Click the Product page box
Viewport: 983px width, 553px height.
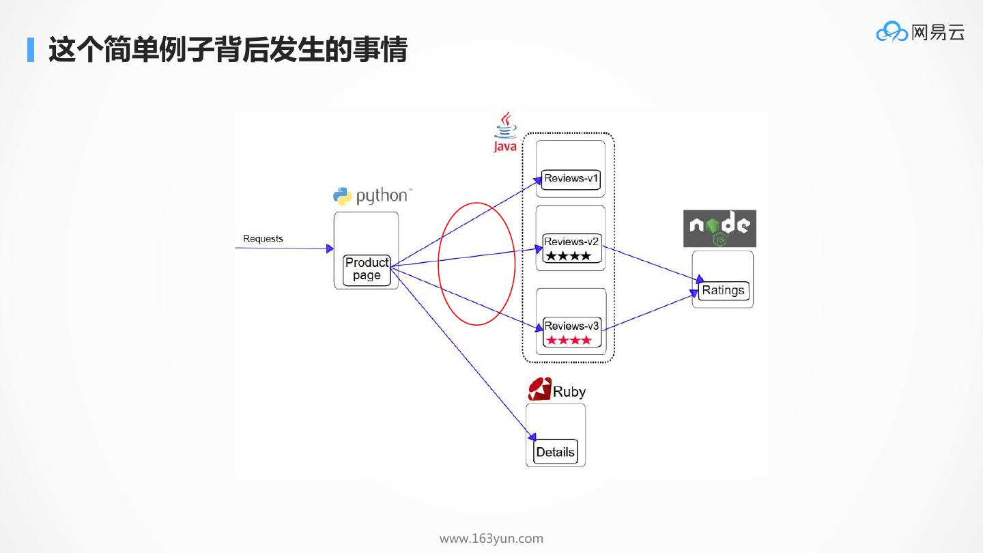[x=367, y=270]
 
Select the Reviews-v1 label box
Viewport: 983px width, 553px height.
[x=571, y=179]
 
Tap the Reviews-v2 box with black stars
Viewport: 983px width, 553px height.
[x=571, y=249]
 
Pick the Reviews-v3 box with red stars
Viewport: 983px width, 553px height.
[x=571, y=332]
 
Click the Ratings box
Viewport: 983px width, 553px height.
[x=723, y=290]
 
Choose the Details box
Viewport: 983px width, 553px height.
[x=555, y=452]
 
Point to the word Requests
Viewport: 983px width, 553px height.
[x=263, y=238]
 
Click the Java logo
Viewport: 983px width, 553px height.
[x=505, y=132]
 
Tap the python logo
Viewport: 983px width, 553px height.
[x=372, y=196]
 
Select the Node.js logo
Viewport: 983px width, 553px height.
[x=720, y=228]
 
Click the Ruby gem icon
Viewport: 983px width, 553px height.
[x=539, y=389]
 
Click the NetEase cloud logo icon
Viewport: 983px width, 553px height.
[x=892, y=32]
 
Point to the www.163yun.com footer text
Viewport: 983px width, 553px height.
[x=491, y=539]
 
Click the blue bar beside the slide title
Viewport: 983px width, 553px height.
[x=31, y=49]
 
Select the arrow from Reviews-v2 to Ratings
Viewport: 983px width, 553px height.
[x=652, y=264]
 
